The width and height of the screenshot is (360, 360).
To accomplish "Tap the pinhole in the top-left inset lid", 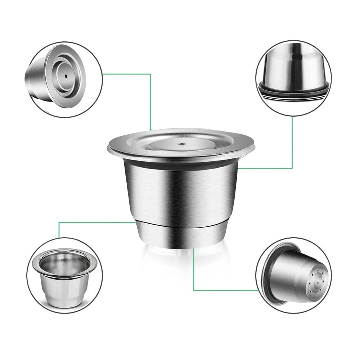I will (66, 76).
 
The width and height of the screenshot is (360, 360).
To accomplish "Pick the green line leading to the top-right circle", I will (292, 144).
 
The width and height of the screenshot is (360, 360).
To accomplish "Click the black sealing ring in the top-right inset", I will (293, 91).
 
